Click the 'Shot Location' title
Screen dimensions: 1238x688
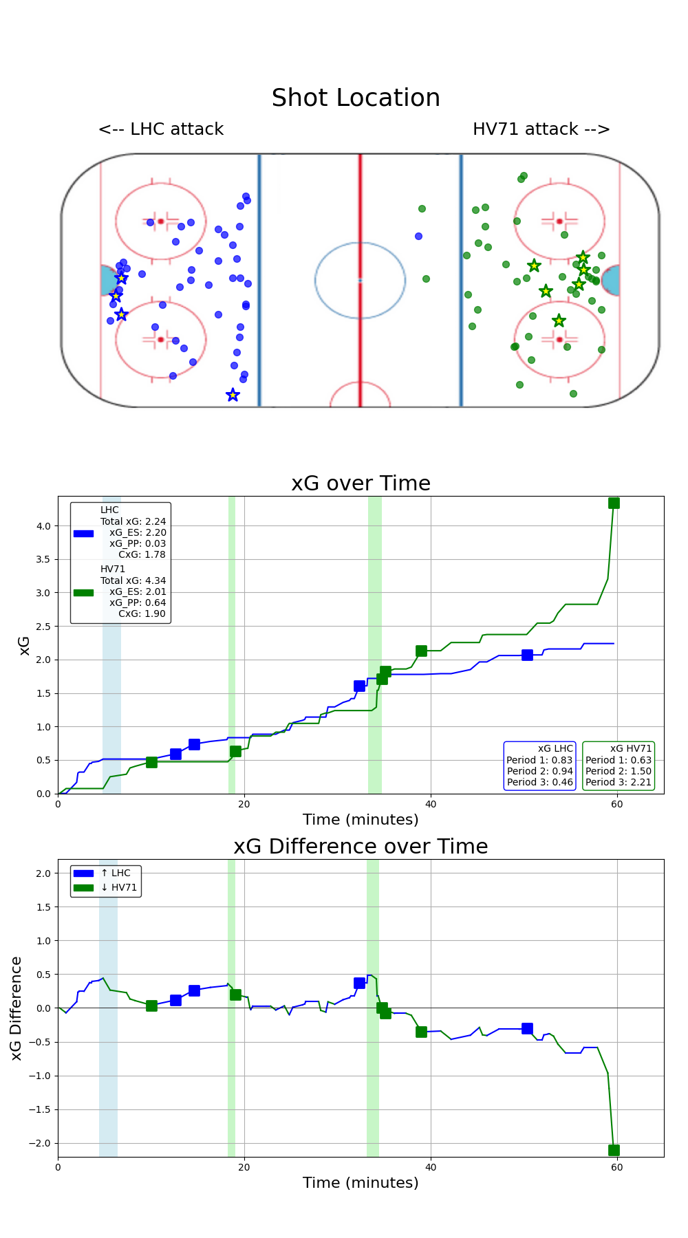click(356, 98)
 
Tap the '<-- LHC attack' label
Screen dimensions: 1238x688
click(161, 129)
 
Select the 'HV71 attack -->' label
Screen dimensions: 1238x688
click(541, 129)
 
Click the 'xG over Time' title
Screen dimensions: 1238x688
click(361, 484)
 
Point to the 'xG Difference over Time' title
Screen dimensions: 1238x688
click(361, 847)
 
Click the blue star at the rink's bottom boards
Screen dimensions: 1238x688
click(233, 395)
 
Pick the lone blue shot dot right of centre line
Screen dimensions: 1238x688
click(418, 236)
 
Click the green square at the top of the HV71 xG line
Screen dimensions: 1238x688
click(614, 503)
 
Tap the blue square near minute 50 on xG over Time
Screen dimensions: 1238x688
click(527, 655)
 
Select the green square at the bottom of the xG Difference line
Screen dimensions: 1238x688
click(614, 1150)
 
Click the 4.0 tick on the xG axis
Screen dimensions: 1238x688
click(43, 526)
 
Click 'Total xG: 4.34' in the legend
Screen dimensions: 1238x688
click(133, 580)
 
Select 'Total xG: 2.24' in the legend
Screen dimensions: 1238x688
click(133, 521)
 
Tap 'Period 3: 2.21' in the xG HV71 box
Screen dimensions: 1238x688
click(618, 782)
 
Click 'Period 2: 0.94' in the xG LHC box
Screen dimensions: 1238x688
click(539, 771)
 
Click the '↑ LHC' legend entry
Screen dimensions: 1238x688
click(116, 873)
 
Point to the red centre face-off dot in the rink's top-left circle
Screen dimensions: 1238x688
click(160, 221)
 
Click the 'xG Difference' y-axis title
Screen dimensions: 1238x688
click(17, 1008)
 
